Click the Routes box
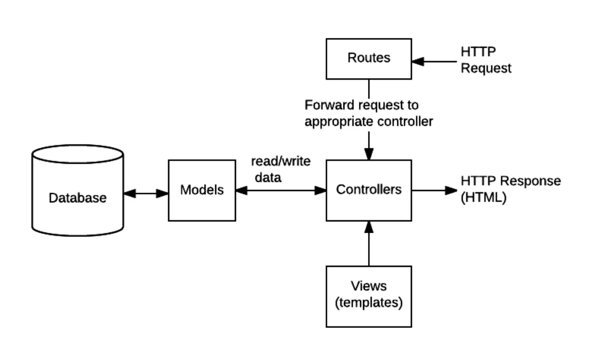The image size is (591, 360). [x=369, y=58]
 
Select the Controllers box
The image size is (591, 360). [x=369, y=189]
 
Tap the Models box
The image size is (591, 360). [x=202, y=190]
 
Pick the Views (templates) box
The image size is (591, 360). [x=369, y=296]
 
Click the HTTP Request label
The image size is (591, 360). [x=486, y=60]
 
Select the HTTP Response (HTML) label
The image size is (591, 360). [x=510, y=189]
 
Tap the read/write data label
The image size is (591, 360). [x=280, y=169]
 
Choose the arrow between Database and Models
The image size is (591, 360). [x=146, y=194]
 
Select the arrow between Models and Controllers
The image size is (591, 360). [x=280, y=191]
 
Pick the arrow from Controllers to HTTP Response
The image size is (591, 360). [x=434, y=190]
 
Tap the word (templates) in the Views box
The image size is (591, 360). [x=369, y=303]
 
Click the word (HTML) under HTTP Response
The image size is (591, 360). [x=483, y=198]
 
